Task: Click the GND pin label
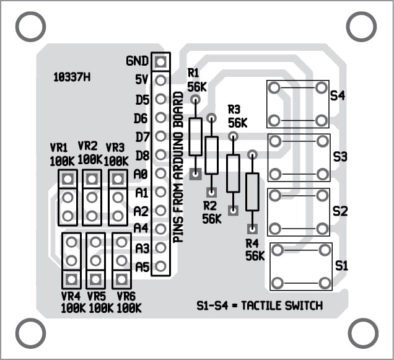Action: (137, 61)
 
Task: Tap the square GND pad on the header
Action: (160, 61)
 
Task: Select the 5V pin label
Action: (141, 79)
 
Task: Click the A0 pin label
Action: (141, 173)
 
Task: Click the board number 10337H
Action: (72, 77)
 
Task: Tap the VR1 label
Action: (59, 147)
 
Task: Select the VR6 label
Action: (126, 296)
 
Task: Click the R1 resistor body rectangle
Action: (196, 136)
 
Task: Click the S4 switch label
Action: (338, 95)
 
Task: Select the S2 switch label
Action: (340, 211)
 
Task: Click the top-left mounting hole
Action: (30, 26)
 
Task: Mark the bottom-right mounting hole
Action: (364, 333)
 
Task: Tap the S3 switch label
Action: (340, 156)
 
